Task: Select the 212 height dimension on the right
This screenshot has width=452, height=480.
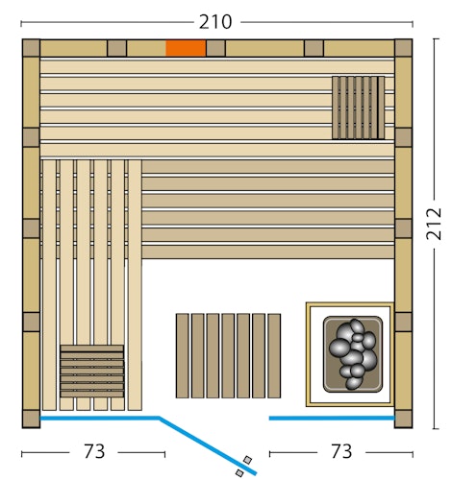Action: tap(434, 224)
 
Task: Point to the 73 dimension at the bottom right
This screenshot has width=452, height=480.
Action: tap(340, 451)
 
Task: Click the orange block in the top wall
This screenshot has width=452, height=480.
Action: tap(186, 48)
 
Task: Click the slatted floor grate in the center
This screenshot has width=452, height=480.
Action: tap(228, 355)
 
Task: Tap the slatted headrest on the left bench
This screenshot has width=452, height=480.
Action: tap(92, 372)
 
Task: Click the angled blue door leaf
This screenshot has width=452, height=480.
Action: tap(207, 444)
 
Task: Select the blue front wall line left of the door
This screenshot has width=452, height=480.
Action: tap(99, 419)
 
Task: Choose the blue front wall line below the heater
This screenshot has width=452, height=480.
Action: tap(332, 419)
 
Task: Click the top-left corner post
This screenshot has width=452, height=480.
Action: tap(31, 48)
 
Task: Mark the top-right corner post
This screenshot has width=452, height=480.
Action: tap(403, 48)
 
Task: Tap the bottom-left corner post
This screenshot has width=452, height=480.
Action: tap(31, 419)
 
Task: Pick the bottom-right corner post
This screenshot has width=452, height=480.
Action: tap(403, 419)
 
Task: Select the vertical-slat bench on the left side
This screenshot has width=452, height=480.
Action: tap(92, 250)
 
